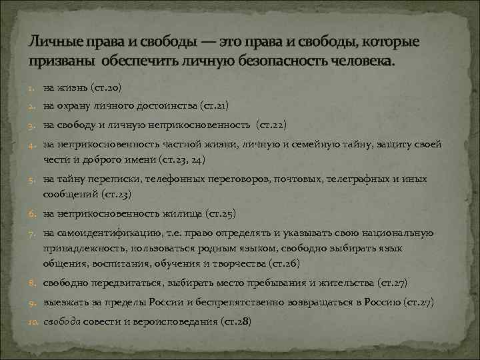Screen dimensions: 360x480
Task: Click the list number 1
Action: pyautogui.click(x=33, y=88)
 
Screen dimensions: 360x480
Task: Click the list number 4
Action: pyautogui.click(x=33, y=145)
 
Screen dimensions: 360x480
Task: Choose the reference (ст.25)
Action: pyautogui.click(x=221, y=213)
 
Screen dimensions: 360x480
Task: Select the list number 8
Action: pyautogui.click(x=33, y=283)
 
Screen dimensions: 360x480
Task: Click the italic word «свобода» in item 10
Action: pyautogui.click(x=62, y=321)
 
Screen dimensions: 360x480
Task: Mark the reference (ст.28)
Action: pyautogui.click(x=236, y=321)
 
